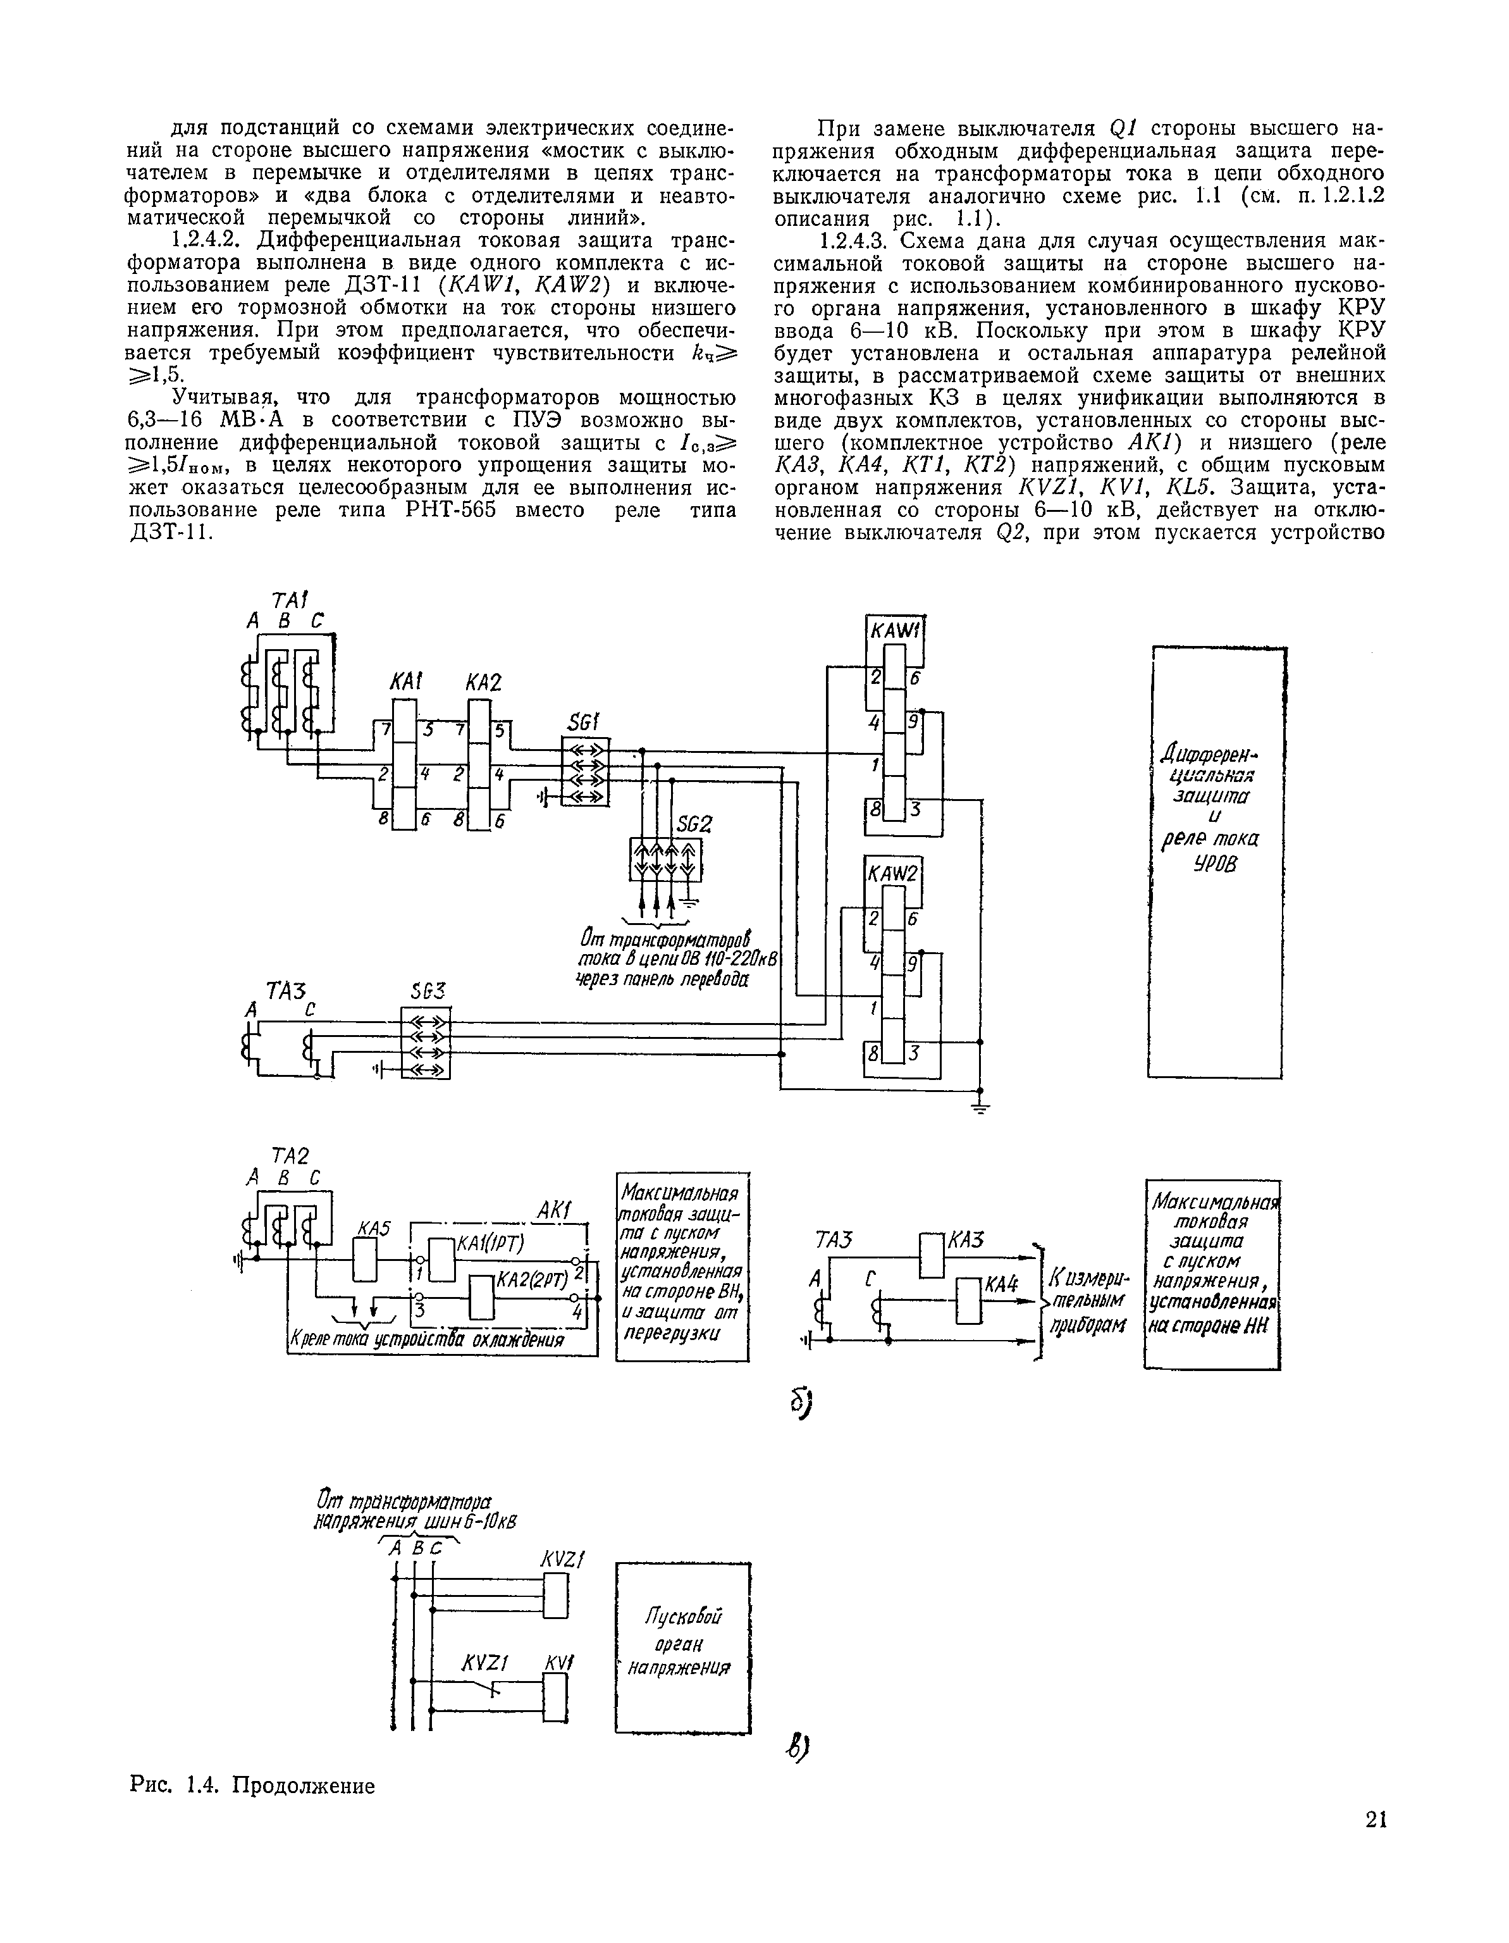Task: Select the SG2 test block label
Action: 694,824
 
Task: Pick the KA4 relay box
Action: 968,1300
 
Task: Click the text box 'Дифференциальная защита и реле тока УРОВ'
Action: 1215,810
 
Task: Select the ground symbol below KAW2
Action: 981,1106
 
